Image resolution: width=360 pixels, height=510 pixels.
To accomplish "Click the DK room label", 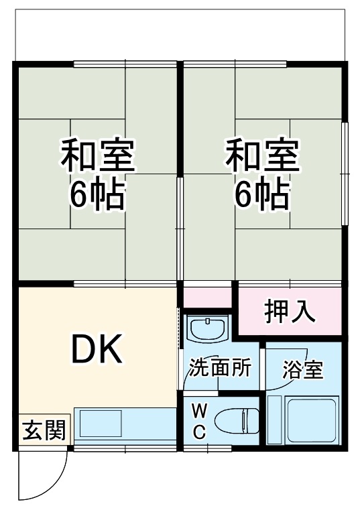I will [97, 349].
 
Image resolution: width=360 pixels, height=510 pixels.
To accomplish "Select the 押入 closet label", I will [289, 312].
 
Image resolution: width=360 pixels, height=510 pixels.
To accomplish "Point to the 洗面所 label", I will [220, 368].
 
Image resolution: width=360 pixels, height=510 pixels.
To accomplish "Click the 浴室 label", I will [303, 370].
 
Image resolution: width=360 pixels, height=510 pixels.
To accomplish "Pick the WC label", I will [200, 421].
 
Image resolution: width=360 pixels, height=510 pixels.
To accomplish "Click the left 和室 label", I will [99, 155].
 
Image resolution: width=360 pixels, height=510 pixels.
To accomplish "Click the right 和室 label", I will [262, 155].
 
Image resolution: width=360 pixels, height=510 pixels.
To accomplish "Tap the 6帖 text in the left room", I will [98, 194].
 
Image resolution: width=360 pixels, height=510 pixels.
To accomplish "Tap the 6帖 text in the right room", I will [261, 194].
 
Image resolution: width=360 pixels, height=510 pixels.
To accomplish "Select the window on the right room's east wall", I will [345, 174].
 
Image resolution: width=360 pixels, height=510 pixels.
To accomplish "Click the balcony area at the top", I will [180, 34].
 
